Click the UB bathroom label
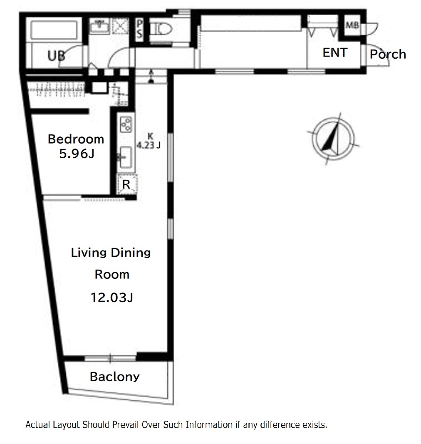[x=56, y=56]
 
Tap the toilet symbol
[x=161, y=29]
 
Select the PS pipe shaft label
[x=139, y=28]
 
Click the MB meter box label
[x=352, y=25]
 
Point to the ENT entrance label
[x=335, y=52]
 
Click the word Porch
[x=388, y=54]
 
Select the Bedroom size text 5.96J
[x=77, y=154]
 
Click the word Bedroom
[x=76, y=139]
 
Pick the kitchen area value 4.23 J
[x=149, y=145]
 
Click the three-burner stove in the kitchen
[x=126, y=124]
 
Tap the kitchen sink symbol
[x=125, y=157]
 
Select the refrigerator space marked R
[x=126, y=184]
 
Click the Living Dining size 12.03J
[x=111, y=298]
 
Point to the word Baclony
[x=115, y=377]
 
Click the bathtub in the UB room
[x=54, y=30]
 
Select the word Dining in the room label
[x=131, y=253]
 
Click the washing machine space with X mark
[x=120, y=26]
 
